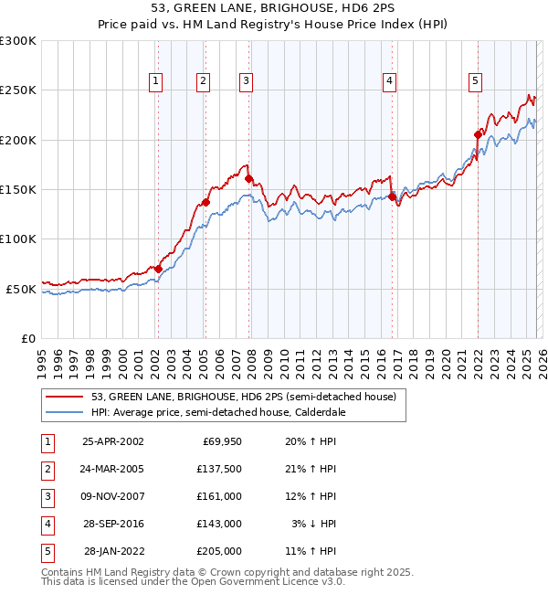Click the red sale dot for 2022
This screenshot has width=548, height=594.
[x=478, y=134]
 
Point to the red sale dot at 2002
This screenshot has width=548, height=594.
[x=158, y=269]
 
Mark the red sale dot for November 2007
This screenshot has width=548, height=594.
[x=248, y=179]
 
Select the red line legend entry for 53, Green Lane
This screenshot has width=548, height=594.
[x=243, y=397]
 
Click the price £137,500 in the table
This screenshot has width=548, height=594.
[x=219, y=468]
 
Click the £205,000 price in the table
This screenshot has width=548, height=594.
[x=219, y=551]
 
